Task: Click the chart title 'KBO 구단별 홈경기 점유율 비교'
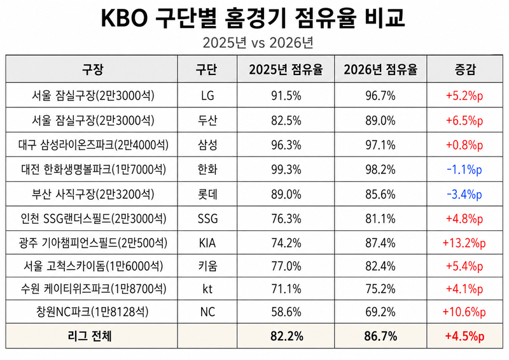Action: point(253,18)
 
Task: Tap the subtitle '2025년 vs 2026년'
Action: point(258,43)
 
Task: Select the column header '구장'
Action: point(92,69)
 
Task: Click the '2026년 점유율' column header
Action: point(380,69)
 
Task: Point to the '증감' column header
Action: point(464,69)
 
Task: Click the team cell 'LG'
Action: point(207,96)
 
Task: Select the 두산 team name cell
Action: point(207,120)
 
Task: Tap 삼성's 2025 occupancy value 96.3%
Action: point(286,145)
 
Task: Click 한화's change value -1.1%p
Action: point(464,170)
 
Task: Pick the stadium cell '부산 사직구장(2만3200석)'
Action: point(93,194)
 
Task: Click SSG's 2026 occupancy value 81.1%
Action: point(380,219)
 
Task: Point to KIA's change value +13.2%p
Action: point(464,243)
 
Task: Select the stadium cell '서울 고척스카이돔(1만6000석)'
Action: point(93,267)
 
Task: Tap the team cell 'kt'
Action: point(207,289)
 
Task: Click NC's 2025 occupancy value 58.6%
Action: point(286,312)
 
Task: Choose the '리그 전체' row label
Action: point(90,336)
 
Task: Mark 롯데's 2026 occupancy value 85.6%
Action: point(380,195)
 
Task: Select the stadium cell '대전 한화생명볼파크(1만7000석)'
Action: point(94,169)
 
